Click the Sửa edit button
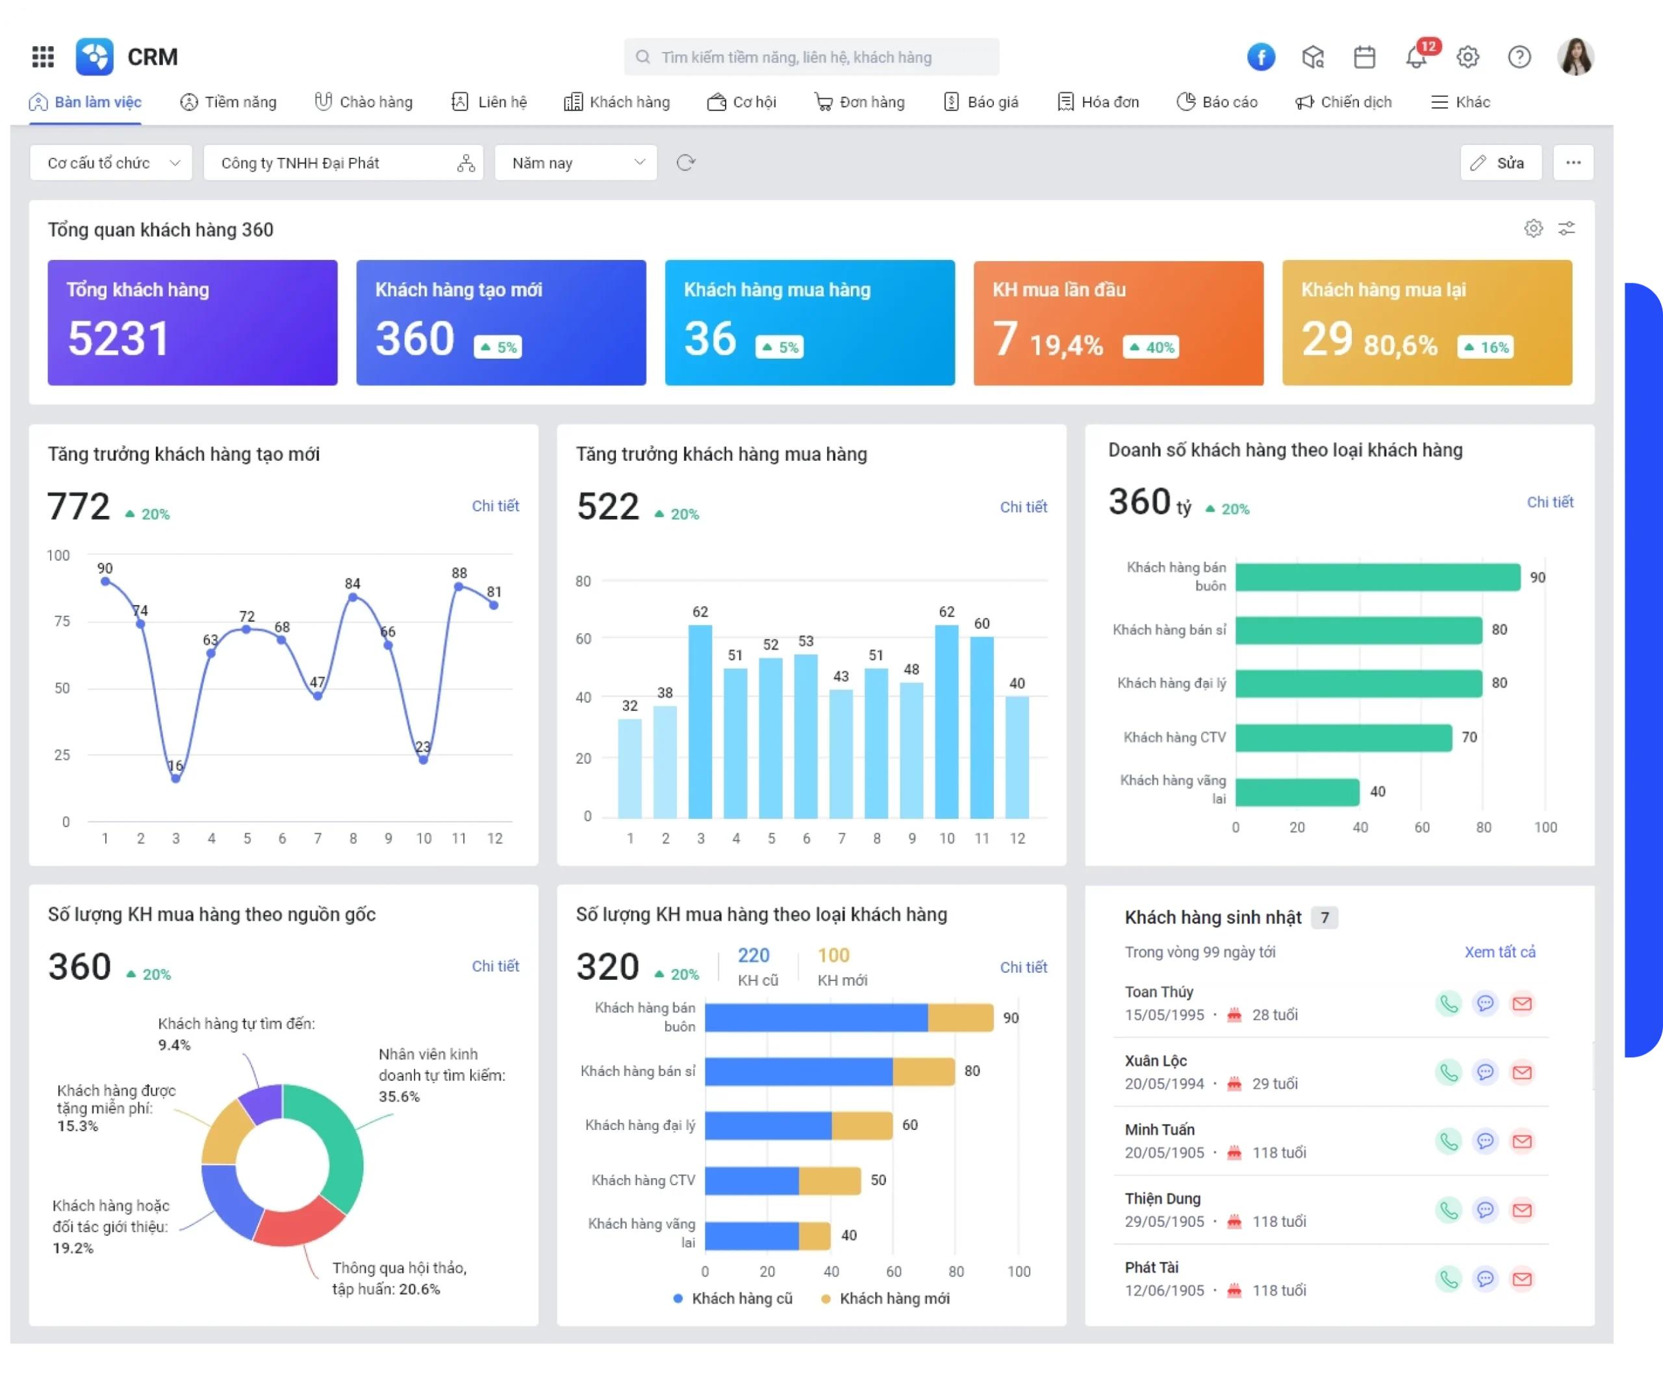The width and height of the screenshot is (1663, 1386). pos(1501,162)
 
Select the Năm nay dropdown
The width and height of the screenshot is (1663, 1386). pos(576,162)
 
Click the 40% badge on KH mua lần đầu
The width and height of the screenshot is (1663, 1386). pos(1150,347)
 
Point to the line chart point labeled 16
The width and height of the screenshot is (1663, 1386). pos(176,778)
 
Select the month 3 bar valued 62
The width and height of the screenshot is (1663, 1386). pos(700,721)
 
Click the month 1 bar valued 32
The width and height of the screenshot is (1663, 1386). pos(629,768)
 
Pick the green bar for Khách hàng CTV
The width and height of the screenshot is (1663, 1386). pos(1344,738)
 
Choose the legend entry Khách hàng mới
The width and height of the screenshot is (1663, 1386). pos(886,1298)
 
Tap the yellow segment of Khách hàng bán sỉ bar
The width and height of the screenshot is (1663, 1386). pos(923,1072)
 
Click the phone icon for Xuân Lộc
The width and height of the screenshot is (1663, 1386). pos(1449,1072)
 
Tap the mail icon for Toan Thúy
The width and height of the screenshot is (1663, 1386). pos(1522,1003)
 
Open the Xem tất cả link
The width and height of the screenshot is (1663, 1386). pos(1500,952)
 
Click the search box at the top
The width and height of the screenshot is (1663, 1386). pos(811,57)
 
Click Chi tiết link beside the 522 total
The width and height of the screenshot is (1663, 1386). pos(1023,507)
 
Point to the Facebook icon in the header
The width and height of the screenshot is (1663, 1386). pos(1261,57)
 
